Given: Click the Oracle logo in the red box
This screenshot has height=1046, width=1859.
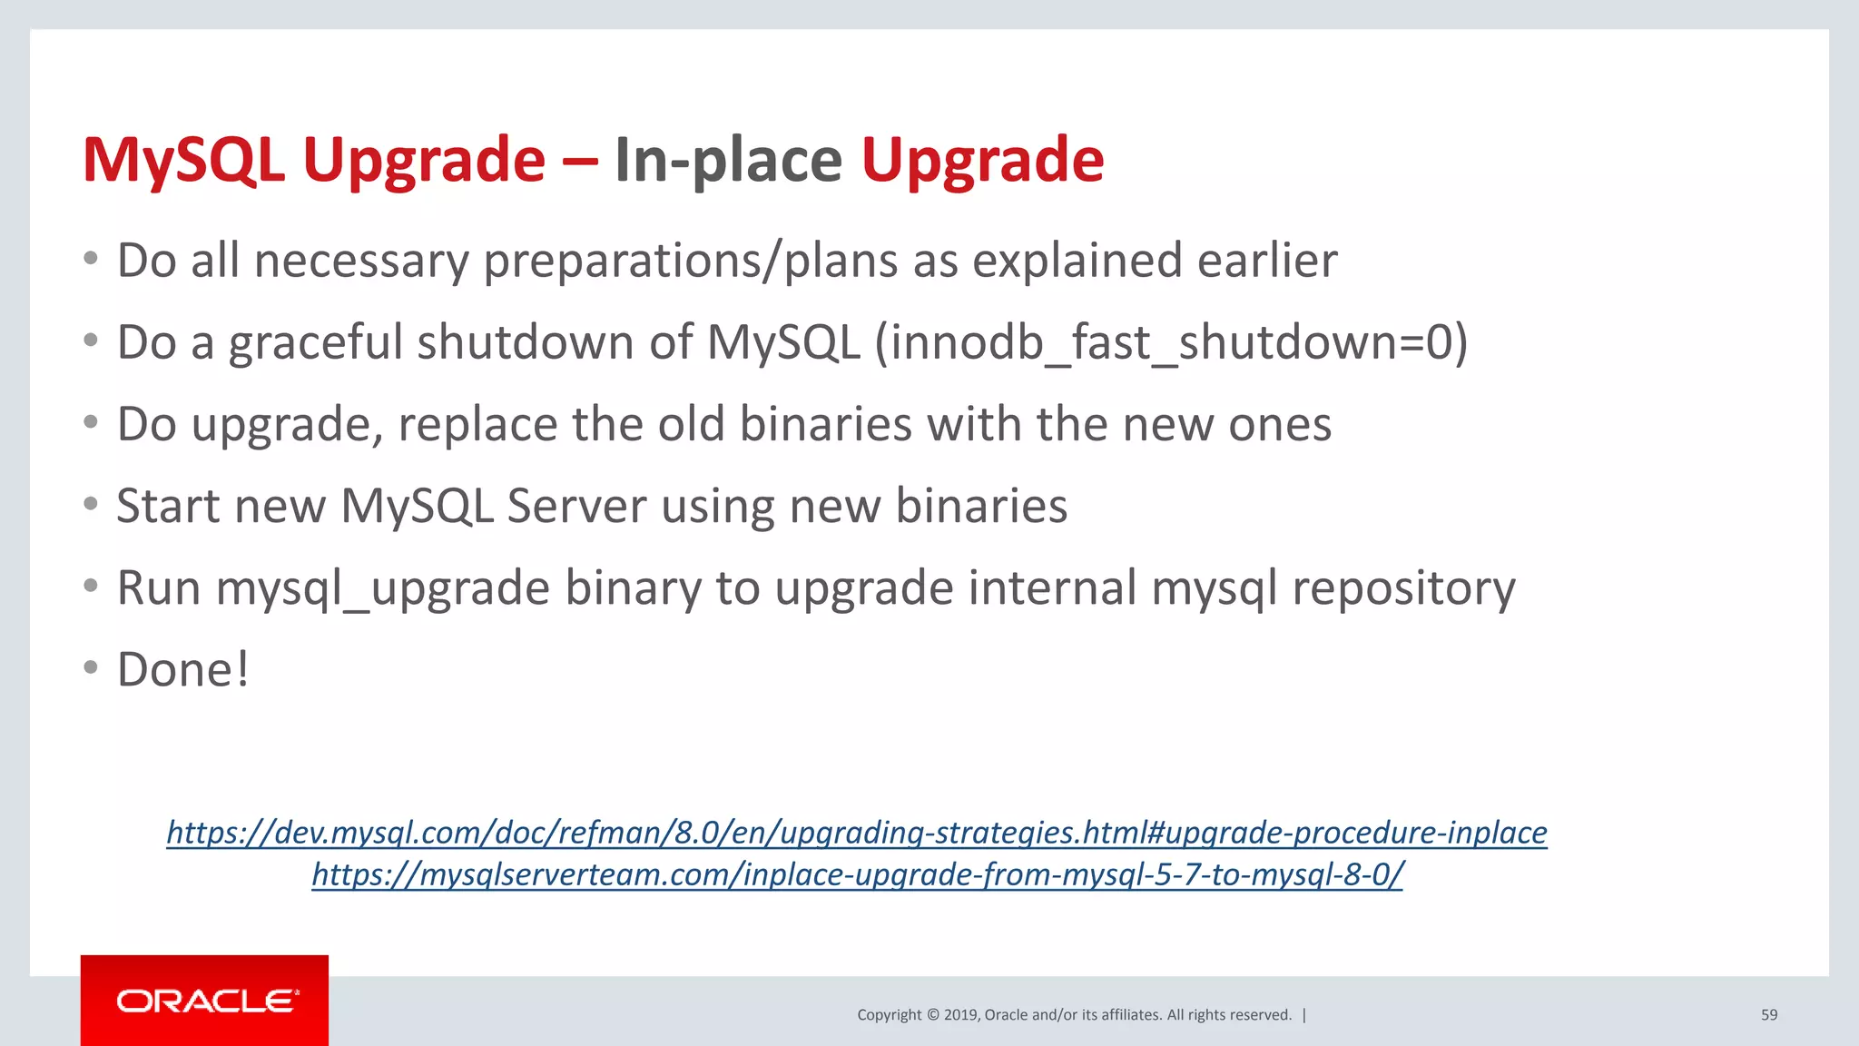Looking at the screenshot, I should (x=207, y=1001).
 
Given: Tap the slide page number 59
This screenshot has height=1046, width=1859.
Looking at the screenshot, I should (x=1768, y=1015).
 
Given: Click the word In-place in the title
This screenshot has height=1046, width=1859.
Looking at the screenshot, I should (x=728, y=160).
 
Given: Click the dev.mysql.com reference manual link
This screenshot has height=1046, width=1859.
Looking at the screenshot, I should (x=856, y=833).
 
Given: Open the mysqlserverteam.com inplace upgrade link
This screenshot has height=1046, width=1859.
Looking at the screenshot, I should (x=857, y=874).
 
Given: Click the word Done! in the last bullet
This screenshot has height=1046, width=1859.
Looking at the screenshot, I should (x=182, y=670).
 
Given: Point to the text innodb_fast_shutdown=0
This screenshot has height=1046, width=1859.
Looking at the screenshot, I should (x=1171, y=343).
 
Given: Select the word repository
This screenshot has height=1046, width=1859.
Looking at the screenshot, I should (x=1403, y=588).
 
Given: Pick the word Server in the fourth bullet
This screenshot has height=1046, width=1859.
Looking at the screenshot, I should (x=575, y=506).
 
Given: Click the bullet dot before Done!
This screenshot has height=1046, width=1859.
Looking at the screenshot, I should (x=90, y=668).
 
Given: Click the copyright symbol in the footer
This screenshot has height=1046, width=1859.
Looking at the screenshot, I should (x=932, y=1015).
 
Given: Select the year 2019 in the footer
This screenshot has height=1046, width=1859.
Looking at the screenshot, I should (x=959, y=1015).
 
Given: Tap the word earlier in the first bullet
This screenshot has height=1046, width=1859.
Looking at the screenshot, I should (x=1266, y=261).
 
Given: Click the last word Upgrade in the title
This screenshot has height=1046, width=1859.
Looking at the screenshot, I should (x=982, y=160).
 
